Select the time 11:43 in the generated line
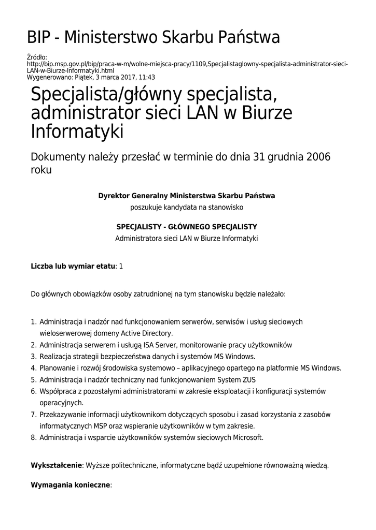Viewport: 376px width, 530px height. [146, 77]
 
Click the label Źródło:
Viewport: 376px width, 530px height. [36, 57]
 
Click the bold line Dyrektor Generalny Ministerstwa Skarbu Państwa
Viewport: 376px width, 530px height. [187, 196]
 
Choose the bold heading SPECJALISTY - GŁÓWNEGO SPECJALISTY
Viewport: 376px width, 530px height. [187, 227]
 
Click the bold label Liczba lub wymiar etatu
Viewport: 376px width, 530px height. [73, 266]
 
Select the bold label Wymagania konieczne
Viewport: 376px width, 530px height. [71, 486]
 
